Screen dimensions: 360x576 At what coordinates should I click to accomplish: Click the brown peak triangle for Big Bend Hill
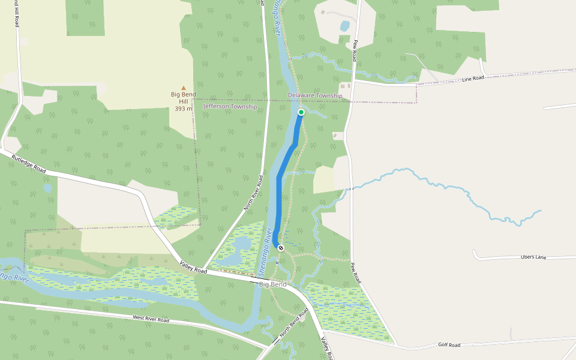(x=184, y=88)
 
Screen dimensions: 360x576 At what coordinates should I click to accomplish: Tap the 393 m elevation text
(x=184, y=109)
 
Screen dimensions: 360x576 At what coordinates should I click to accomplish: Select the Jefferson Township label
(x=230, y=106)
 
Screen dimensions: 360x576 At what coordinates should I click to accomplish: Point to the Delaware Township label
(x=315, y=95)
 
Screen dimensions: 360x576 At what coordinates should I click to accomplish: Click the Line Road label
(x=473, y=79)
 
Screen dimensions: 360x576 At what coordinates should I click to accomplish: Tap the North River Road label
(x=254, y=192)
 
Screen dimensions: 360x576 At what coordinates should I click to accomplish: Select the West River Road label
(x=151, y=319)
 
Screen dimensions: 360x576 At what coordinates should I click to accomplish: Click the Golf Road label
(x=449, y=345)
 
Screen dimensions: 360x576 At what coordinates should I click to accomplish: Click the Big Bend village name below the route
(x=272, y=284)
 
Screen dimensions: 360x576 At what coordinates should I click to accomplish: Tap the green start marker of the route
(x=301, y=112)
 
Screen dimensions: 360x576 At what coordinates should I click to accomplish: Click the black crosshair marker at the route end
(x=281, y=247)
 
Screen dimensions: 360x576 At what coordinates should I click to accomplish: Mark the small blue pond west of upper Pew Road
(x=344, y=26)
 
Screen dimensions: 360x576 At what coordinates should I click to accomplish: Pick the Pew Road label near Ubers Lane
(x=356, y=274)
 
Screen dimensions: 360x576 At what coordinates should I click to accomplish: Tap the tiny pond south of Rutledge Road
(x=47, y=188)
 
